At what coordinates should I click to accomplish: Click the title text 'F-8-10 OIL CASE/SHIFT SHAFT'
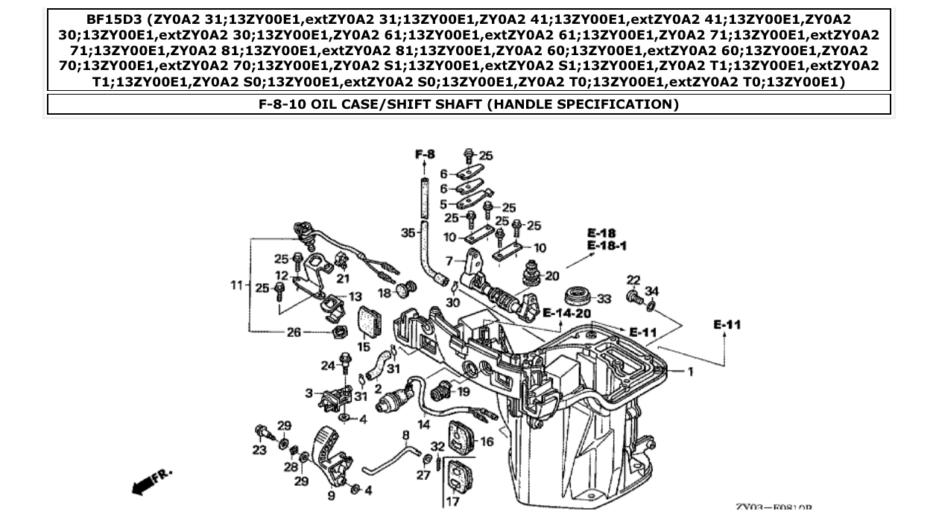coord(468,104)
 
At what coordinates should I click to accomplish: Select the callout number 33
coord(604,299)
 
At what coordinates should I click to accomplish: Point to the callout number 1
coord(690,371)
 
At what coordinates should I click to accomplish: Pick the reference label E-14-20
coord(567,313)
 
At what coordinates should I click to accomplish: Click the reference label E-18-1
coord(607,245)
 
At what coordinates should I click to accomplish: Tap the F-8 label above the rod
coord(424,154)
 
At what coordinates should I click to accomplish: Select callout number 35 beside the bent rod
coord(408,233)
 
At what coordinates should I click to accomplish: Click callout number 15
coord(364,346)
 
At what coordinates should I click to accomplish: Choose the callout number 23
coord(259,450)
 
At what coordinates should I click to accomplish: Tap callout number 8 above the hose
coord(406,435)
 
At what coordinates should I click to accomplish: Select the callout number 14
coord(423,425)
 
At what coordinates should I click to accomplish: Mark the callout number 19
coord(464,392)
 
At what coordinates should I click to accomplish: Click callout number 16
coord(487,442)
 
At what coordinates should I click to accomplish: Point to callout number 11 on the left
coord(236,285)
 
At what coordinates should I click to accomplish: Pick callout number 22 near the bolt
coord(633,280)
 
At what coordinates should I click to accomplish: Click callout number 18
coord(384,294)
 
